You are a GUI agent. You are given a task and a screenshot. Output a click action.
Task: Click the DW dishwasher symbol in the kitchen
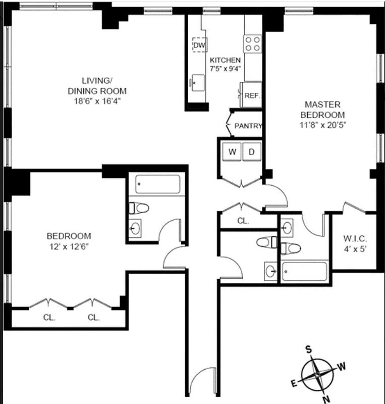200,45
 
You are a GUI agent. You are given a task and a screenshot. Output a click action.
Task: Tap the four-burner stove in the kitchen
253,43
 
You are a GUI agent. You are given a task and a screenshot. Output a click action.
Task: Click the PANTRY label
248,126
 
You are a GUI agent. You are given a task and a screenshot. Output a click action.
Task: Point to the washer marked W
232,151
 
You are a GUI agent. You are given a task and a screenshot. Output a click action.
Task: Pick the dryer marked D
252,151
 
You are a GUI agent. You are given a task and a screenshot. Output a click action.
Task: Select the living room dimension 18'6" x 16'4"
96,101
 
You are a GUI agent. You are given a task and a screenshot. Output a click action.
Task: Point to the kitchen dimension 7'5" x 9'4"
226,69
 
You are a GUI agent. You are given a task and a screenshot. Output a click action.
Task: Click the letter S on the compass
309,349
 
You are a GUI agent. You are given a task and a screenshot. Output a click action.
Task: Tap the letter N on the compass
326,396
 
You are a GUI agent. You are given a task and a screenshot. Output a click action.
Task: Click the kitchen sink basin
197,81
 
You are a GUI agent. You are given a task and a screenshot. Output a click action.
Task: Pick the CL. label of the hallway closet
243,221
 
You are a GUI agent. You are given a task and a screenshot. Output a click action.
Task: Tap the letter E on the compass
294,383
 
